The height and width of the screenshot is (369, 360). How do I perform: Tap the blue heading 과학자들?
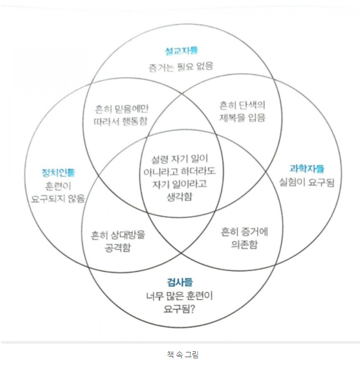point(307,168)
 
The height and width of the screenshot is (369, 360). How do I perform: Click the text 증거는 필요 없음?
point(180,66)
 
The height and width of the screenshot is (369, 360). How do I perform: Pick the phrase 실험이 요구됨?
point(307,182)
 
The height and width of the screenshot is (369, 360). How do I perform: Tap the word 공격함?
point(119,246)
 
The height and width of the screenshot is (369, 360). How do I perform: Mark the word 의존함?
point(244,244)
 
